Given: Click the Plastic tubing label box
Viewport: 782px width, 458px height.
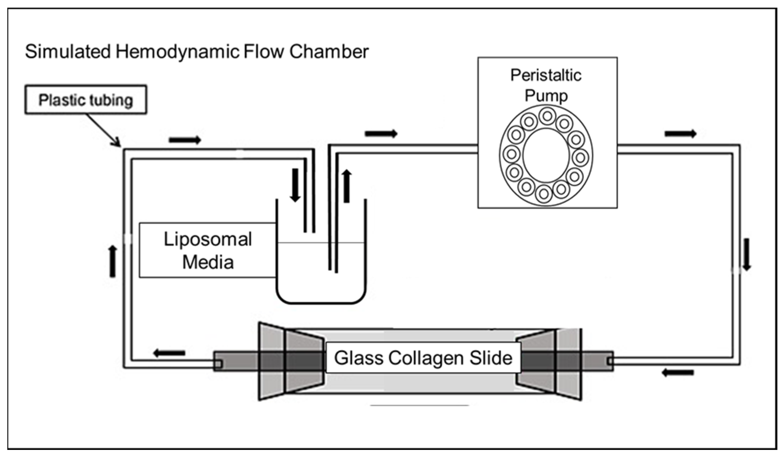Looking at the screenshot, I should point(86,100).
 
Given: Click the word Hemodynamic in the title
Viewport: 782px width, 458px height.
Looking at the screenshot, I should point(177,52).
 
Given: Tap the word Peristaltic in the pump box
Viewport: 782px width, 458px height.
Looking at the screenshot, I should point(546,75).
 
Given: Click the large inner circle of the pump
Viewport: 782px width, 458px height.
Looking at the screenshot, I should point(546,155).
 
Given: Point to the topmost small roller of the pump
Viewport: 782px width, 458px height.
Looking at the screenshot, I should point(547,116).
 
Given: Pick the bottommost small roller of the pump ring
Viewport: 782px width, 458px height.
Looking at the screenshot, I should point(543,194).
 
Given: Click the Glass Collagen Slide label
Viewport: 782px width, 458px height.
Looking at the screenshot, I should point(423,358).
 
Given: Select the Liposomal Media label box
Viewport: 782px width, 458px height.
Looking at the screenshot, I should point(207,250).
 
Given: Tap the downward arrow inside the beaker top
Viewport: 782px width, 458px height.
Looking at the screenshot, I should point(295,185).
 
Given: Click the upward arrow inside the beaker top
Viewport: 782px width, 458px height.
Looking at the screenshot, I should point(347,186).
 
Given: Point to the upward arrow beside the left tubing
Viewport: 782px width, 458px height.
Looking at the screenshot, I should point(113,261).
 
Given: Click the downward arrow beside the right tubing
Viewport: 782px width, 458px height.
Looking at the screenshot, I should point(747,254).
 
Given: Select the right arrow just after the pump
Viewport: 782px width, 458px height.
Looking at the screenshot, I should point(680,134).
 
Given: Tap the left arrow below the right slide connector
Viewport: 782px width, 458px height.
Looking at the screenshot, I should point(678,373).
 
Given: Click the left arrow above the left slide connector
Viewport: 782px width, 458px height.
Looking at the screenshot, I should point(169,353).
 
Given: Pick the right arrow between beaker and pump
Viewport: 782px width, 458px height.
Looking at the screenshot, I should point(381,134).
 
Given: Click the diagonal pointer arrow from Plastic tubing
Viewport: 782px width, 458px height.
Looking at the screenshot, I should point(103,130).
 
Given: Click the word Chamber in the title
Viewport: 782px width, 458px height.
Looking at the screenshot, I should point(329,52).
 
